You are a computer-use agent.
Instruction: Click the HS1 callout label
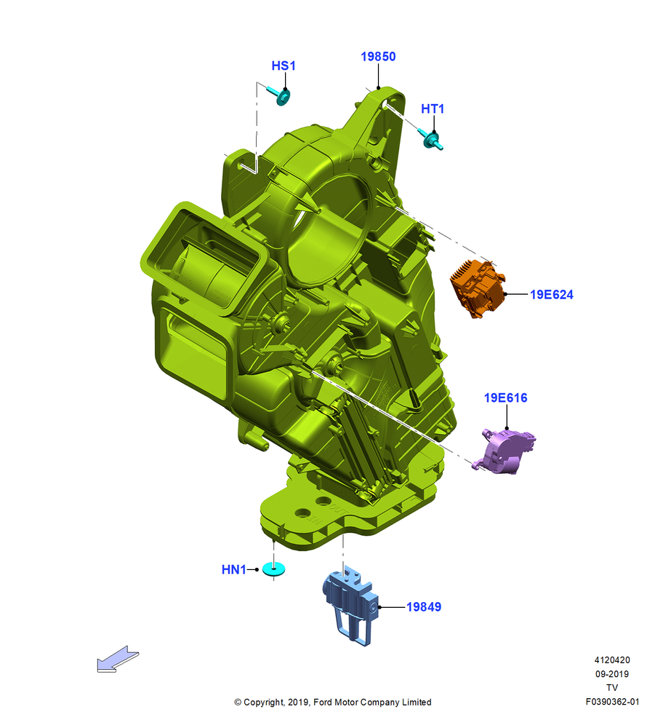284,66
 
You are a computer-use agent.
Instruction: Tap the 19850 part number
378,57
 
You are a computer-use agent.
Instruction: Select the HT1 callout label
432,108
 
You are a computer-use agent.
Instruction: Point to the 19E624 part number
551,295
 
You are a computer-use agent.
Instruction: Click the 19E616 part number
505,398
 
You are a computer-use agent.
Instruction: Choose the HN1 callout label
233,570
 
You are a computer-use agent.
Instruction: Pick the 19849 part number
424,607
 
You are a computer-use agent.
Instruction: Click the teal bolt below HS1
280,95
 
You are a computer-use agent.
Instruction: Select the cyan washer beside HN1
273,569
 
